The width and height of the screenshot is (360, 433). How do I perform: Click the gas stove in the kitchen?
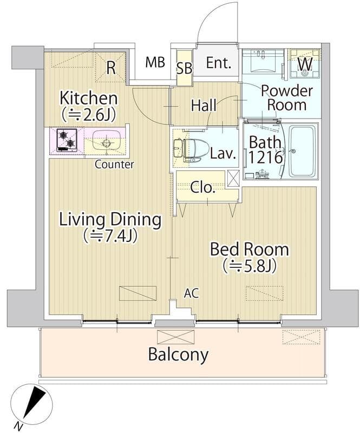click(67, 140)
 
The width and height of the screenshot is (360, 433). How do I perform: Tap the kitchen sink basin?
click(106, 141)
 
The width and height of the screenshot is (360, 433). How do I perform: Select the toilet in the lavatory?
click(188, 150)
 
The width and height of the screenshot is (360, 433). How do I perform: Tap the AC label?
click(192, 293)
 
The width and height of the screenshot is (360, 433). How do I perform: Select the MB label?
click(155, 62)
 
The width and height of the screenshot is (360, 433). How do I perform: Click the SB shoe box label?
click(185, 68)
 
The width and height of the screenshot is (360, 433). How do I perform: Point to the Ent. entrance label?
click(219, 63)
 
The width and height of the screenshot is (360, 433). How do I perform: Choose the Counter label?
click(114, 165)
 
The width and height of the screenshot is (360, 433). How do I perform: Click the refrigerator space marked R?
click(111, 68)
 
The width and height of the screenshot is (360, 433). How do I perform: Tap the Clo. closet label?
click(203, 188)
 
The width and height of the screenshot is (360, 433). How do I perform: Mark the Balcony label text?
click(178, 355)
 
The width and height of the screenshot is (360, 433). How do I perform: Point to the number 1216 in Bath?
click(266, 158)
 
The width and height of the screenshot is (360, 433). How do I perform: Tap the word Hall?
click(204, 106)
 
